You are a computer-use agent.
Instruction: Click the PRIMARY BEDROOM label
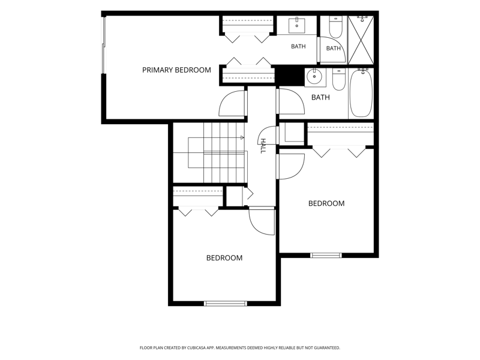tap(176, 70)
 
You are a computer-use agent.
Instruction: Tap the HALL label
tap(263, 146)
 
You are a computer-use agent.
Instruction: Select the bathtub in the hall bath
tap(361, 93)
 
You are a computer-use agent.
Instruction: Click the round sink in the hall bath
tap(314, 77)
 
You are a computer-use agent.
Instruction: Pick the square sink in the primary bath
tap(296, 25)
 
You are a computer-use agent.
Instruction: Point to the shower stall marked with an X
tap(361, 40)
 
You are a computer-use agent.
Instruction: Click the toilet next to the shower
tap(335, 26)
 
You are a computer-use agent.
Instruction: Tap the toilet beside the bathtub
tap(338, 80)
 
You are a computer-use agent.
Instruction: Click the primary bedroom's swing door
tap(233, 103)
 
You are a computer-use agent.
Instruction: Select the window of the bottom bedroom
tap(226, 304)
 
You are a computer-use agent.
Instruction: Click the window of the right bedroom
tap(326, 256)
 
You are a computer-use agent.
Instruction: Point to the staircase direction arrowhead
tap(242, 138)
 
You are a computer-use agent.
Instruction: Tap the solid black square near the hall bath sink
tap(289, 76)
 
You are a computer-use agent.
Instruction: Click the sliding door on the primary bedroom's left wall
tap(103, 45)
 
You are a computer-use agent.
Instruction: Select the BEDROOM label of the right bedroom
tap(326, 203)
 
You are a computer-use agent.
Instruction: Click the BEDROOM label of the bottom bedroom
tap(224, 258)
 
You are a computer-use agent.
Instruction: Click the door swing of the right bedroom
tap(290, 166)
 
